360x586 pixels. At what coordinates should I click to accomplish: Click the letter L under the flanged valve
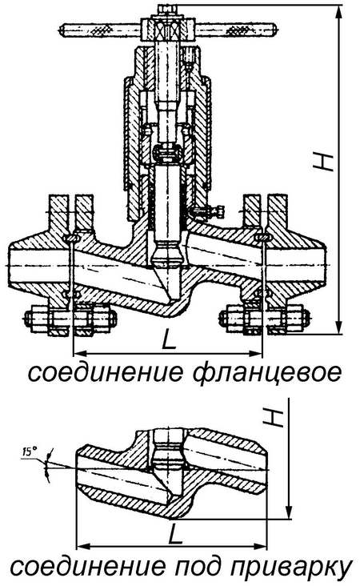tap(169, 340)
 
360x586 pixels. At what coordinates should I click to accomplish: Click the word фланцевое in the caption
tap(267, 373)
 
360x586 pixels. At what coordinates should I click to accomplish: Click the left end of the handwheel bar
tap(62, 30)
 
